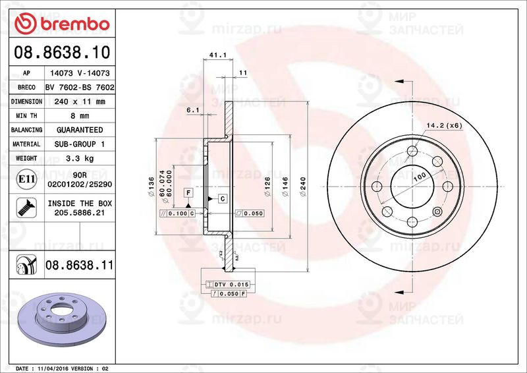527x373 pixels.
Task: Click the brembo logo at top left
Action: coord(61,23)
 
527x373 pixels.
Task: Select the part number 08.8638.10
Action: coord(61,51)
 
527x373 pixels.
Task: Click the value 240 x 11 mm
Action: coord(79,101)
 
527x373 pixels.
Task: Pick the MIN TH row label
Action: coord(26,116)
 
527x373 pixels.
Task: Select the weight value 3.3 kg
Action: coord(79,158)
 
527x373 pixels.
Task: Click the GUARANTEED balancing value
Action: coord(79,130)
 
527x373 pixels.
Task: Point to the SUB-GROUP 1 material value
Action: coord(79,144)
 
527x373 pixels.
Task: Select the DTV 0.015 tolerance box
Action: coord(226,283)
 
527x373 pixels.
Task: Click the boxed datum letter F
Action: coord(188,192)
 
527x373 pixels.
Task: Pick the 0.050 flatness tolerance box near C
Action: coord(250,214)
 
